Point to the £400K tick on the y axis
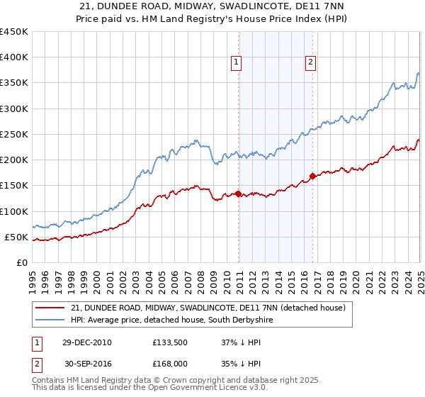(x=15, y=57)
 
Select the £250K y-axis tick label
(x=15, y=134)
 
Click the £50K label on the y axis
(x=18, y=237)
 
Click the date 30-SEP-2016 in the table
(x=87, y=363)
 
